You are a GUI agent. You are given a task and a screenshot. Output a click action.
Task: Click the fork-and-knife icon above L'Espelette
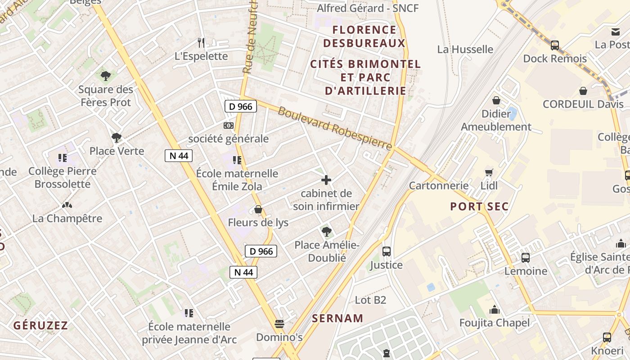point(201,43)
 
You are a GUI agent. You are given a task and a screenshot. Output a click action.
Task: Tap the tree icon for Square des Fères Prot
point(106,76)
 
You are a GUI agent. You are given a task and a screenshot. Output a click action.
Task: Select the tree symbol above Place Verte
point(117,137)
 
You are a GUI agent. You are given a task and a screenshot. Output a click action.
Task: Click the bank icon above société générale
point(229,126)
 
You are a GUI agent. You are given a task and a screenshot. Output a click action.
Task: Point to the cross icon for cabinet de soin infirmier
point(326,180)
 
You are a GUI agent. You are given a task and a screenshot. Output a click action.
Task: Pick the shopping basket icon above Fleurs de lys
point(258,209)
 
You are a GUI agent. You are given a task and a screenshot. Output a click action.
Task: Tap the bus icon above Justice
point(386,252)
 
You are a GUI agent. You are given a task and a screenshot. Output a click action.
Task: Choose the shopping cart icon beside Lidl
point(489,172)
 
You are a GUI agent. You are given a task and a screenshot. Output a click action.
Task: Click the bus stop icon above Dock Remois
point(555,45)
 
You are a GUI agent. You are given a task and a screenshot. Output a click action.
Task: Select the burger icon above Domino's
point(279,324)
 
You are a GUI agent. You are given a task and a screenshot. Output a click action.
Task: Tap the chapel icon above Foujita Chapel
point(495,310)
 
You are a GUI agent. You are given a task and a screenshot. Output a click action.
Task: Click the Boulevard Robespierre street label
point(335,129)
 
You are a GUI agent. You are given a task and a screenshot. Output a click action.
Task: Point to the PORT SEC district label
point(480,207)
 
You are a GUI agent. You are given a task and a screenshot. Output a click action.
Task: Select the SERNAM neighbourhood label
point(337,318)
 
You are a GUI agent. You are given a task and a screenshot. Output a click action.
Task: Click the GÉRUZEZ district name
point(40,325)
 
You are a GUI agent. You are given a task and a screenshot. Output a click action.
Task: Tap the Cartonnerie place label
point(439,185)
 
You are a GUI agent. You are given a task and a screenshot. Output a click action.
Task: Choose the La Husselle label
point(465,49)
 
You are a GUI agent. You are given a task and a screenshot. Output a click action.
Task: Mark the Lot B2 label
point(371,300)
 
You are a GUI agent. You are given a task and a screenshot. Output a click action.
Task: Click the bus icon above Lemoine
point(526,258)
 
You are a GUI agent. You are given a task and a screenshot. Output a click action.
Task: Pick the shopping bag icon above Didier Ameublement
point(496,100)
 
